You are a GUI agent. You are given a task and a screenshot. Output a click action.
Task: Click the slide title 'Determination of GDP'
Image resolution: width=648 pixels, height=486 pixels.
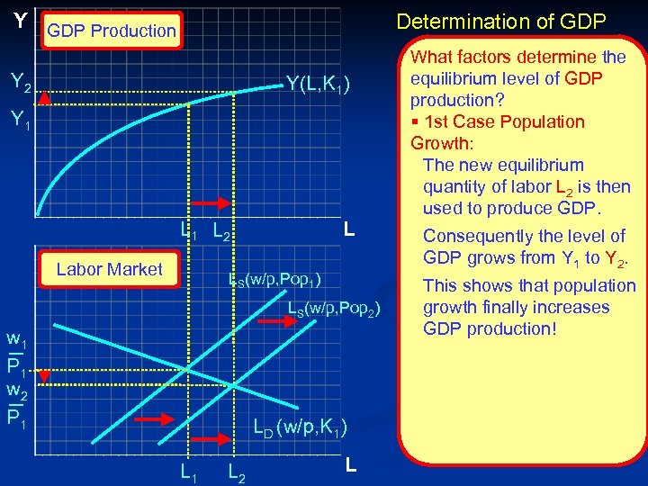[501, 21]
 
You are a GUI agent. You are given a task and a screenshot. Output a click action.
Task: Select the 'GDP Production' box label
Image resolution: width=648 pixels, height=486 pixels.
[112, 31]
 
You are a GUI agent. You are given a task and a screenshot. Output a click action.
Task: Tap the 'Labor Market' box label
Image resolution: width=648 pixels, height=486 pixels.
[109, 269]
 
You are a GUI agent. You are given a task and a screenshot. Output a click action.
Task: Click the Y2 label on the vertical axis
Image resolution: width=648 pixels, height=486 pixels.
[21, 84]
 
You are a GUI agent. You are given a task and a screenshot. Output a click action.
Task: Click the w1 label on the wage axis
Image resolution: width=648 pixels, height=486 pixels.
[16, 341]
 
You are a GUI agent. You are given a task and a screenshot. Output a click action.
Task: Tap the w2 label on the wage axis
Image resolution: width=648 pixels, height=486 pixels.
[16, 391]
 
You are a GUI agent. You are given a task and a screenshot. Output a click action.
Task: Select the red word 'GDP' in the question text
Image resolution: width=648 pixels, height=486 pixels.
[580, 78]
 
